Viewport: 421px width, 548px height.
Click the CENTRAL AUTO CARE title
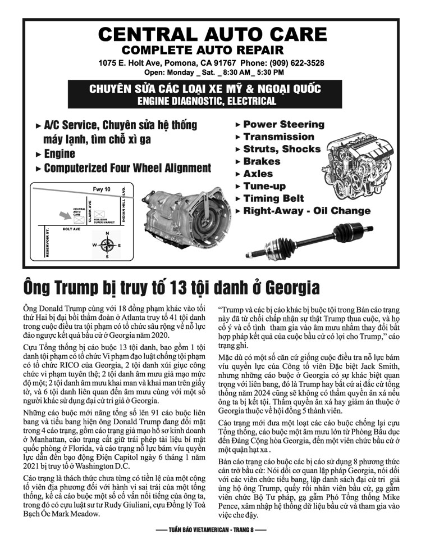210,34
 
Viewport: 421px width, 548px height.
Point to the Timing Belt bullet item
273,198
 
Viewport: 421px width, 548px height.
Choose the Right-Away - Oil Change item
306,211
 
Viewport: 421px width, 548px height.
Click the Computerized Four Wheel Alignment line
127,168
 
